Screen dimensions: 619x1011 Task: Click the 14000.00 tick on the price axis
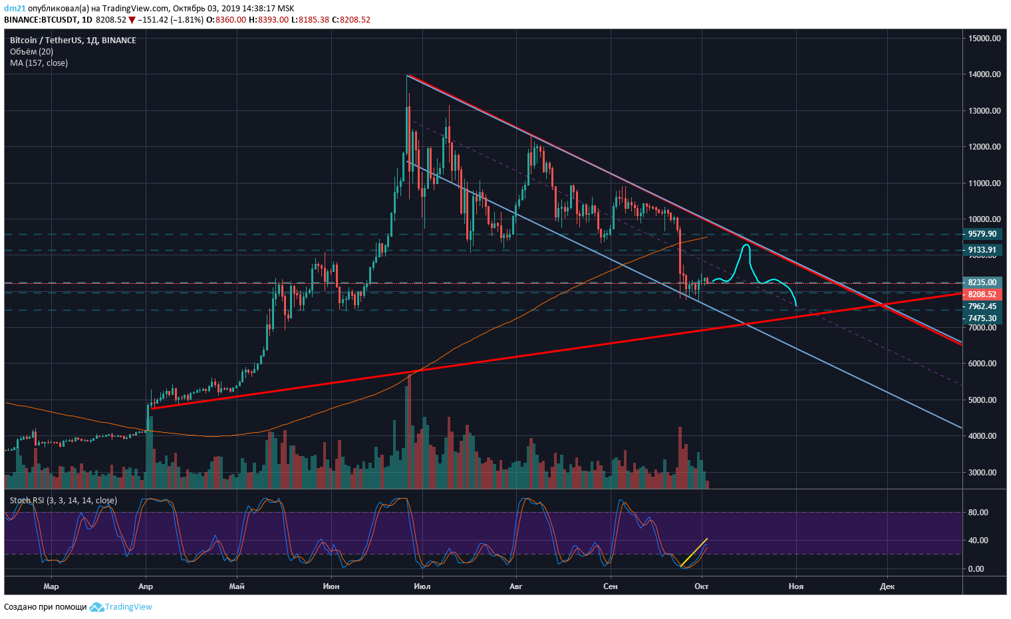tap(984, 74)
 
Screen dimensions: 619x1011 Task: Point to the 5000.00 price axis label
tap(984, 400)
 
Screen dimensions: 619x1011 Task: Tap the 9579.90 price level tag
tap(982, 234)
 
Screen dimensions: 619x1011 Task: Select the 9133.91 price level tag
tap(982, 250)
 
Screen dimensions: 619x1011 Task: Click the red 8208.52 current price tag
tap(982, 295)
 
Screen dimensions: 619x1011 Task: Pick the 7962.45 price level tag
tap(982, 307)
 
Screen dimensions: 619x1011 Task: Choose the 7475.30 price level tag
tap(982, 318)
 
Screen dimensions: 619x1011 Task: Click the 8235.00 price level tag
tap(982, 283)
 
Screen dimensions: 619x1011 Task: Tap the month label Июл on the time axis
tap(422, 586)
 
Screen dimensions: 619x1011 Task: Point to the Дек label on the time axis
tap(887, 586)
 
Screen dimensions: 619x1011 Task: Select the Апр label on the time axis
tap(146, 586)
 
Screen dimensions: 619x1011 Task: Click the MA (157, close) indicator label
tap(39, 63)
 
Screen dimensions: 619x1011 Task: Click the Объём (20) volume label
tap(31, 52)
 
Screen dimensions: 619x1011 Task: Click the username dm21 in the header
tap(15, 9)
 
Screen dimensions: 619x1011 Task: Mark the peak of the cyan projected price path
tap(746, 245)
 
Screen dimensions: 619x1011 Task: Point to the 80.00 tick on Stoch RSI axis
tap(977, 513)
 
